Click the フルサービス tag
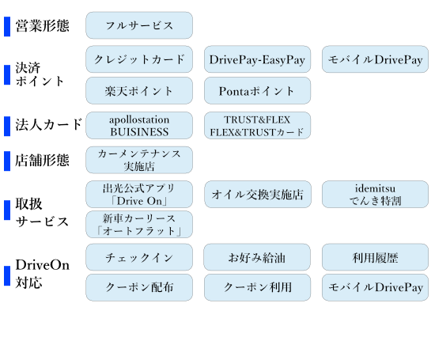(x=139, y=25)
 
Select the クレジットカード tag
(x=139, y=59)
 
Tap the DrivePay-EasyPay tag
(x=257, y=59)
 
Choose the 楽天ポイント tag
(x=139, y=91)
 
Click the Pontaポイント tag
(x=257, y=91)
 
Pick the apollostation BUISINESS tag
(x=139, y=126)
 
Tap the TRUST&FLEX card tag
(x=257, y=126)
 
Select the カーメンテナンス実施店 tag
(x=139, y=160)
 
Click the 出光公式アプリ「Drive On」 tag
(x=139, y=195)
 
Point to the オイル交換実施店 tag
(x=258, y=195)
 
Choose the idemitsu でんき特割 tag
(x=375, y=195)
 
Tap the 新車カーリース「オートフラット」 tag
(x=139, y=224)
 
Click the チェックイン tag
(x=139, y=257)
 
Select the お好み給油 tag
(x=257, y=257)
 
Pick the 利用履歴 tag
(x=375, y=257)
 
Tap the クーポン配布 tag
(x=139, y=287)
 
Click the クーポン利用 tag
(x=257, y=287)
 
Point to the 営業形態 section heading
(x=42, y=26)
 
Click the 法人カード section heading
(x=49, y=124)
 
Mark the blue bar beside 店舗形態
(x=7, y=161)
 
